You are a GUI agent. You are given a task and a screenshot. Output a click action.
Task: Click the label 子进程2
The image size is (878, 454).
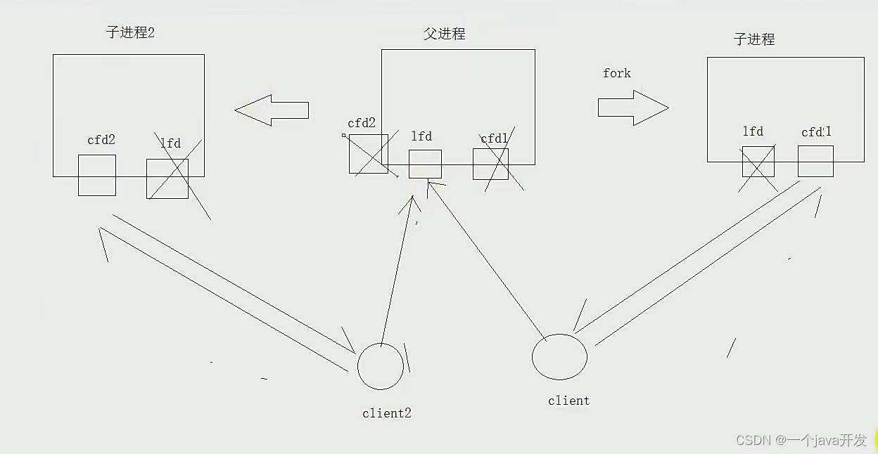pyautogui.click(x=130, y=32)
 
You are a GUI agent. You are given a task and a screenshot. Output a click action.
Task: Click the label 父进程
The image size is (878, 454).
pyautogui.click(x=445, y=34)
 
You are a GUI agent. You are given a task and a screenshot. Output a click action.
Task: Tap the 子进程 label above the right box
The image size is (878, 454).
pyautogui.click(x=754, y=39)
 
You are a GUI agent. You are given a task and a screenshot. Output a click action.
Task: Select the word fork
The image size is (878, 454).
pyautogui.click(x=616, y=73)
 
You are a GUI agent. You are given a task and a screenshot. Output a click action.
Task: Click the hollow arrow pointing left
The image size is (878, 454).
pyautogui.click(x=272, y=110)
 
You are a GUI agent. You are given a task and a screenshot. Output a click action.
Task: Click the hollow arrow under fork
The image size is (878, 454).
pyautogui.click(x=632, y=108)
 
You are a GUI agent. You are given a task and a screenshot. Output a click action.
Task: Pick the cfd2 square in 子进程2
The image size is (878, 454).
pyautogui.click(x=97, y=175)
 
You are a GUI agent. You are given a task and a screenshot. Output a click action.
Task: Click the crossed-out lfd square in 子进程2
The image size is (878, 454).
pyautogui.click(x=167, y=179)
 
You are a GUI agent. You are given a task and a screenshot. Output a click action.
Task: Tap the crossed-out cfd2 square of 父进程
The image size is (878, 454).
pyautogui.click(x=368, y=153)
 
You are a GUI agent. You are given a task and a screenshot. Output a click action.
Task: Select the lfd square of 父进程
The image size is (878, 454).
pyautogui.click(x=425, y=164)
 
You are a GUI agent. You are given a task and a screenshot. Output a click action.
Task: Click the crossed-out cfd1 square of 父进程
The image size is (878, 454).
pyautogui.click(x=490, y=164)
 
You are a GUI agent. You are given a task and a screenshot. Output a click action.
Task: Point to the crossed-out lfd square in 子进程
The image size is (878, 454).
pyautogui.click(x=758, y=162)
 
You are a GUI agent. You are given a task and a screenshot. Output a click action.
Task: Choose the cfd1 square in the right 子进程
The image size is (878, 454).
pyautogui.click(x=815, y=161)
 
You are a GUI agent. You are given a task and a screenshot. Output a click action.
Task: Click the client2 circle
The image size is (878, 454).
pyautogui.click(x=381, y=367)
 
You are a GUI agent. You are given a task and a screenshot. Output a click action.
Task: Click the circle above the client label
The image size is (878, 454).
pyautogui.click(x=559, y=356)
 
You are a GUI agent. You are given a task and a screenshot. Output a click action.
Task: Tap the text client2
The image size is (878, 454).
pyautogui.click(x=386, y=413)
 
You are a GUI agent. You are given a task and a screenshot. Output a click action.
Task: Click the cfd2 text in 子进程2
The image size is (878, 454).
pyautogui.click(x=101, y=140)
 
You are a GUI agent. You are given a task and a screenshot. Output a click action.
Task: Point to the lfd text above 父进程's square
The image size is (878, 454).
pyautogui.click(x=421, y=136)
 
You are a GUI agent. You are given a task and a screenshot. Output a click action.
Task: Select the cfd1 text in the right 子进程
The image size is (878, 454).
pyautogui.click(x=816, y=132)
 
